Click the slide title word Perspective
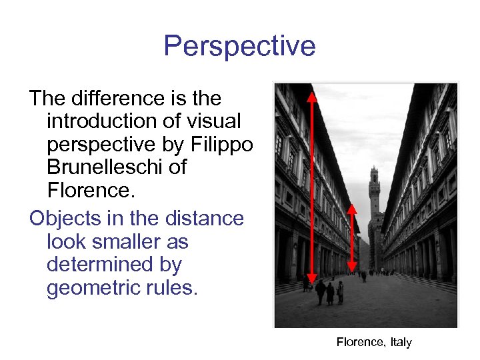click(x=239, y=47)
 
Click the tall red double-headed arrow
click(x=311, y=187)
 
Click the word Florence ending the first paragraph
click(x=91, y=191)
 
